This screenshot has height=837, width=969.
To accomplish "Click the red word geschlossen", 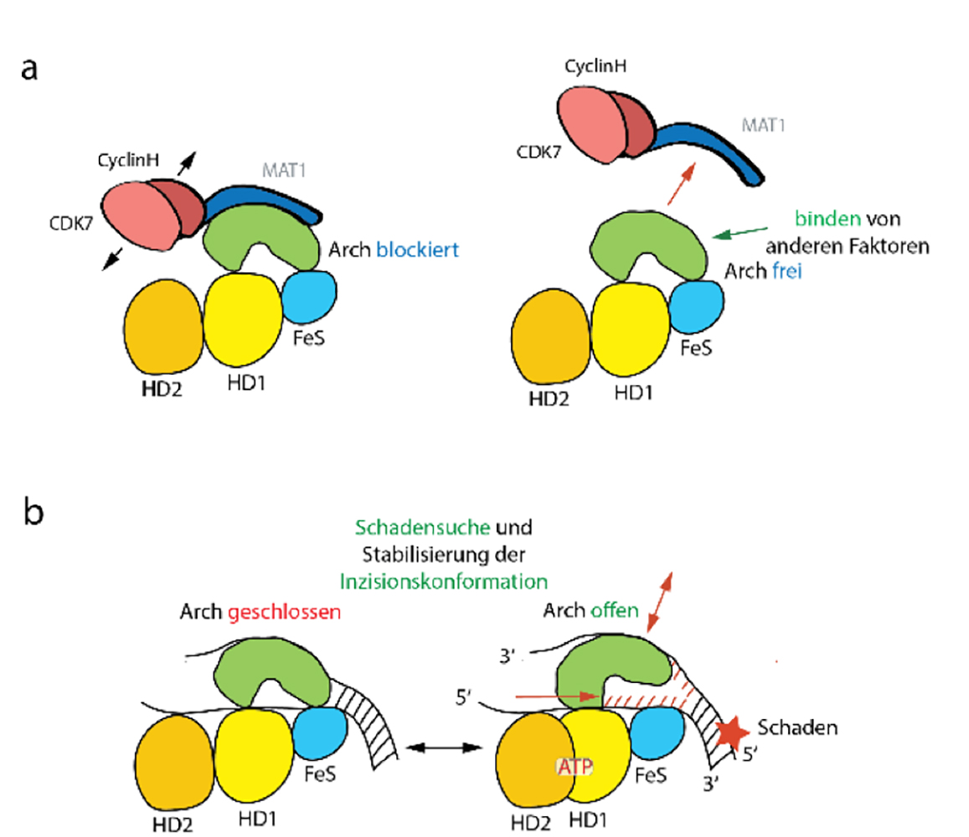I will click(x=292, y=612).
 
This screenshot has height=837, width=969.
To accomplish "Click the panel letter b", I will click(x=31, y=511).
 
